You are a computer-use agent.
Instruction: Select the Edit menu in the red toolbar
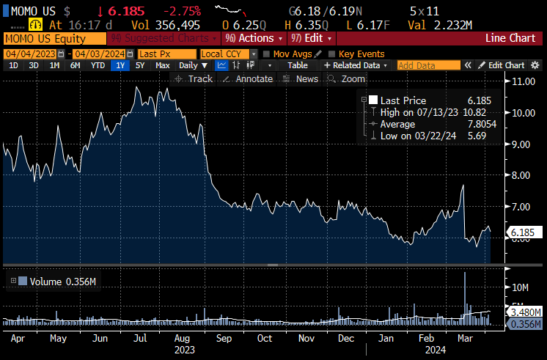coord(311,38)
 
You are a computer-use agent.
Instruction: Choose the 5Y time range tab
coord(139,65)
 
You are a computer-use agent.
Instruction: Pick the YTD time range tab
coord(97,65)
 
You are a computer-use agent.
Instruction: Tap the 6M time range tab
coord(75,65)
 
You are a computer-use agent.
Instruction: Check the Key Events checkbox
coord(332,54)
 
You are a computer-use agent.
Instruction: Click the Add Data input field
coord(428,65)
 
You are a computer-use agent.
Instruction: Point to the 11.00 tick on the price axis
coord(523,81)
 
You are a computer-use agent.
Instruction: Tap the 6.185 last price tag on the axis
coord(524,232)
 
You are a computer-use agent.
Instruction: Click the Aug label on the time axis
coord(183,339)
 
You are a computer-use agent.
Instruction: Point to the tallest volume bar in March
coord(465,275)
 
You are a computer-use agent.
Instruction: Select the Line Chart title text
coord(511,38)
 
